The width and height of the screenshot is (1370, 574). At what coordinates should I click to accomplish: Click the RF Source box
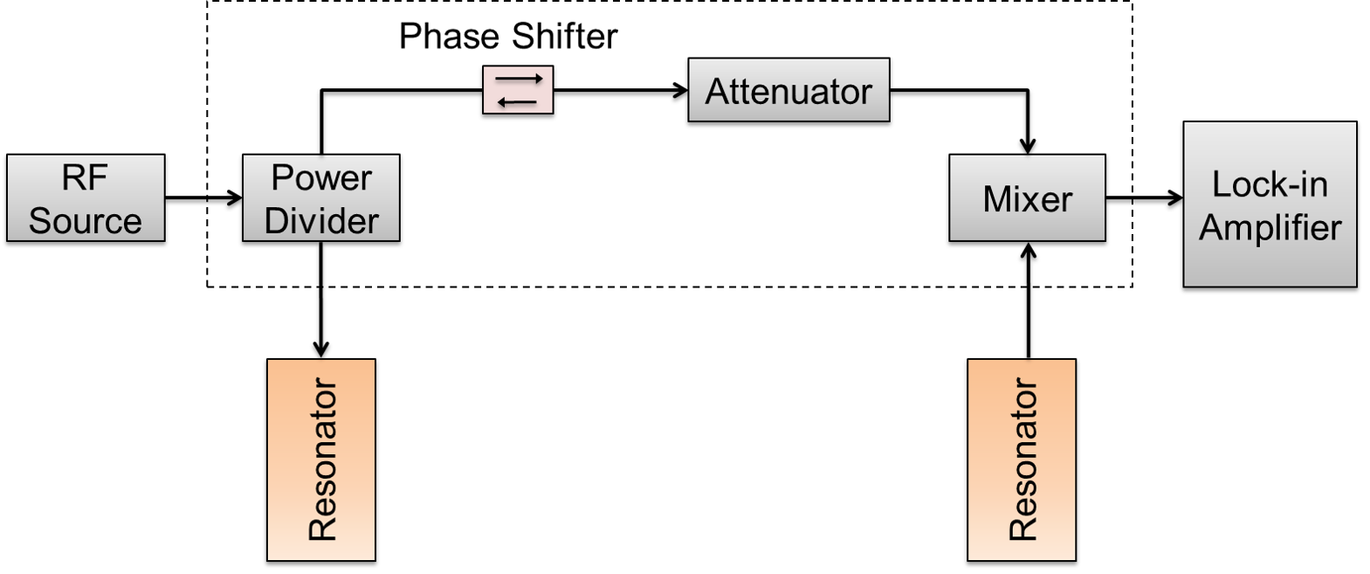tap(86, 197)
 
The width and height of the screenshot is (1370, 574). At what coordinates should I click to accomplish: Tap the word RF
tap(85, 178)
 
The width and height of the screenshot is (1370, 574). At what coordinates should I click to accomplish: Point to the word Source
tap(85, 221)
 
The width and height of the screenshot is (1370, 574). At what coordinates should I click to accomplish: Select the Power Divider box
tap(320, 197)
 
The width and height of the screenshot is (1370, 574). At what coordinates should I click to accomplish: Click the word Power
tap(321, 178)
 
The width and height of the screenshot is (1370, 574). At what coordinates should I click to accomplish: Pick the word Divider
tap(321, 221)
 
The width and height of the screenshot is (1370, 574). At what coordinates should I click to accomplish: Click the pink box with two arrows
tap(518, 90)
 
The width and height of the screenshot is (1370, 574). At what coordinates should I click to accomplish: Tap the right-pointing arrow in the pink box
tap(519, 80)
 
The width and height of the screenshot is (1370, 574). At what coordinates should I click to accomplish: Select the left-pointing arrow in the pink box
tap(517, 101)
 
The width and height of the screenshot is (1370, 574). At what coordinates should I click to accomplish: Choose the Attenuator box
tap(788, 90)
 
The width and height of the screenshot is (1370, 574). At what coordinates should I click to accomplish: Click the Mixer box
tap(1027, 197)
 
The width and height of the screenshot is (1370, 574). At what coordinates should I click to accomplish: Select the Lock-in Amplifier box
tap(1270, 204)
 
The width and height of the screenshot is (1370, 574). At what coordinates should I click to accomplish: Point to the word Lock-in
tap(1270, 184)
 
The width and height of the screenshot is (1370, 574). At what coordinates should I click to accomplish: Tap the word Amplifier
tap(1270, 227)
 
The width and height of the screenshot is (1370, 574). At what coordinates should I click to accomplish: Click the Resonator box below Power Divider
tap(321, 460)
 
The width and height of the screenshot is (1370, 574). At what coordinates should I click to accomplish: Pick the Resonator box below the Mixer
tap(1022, 460)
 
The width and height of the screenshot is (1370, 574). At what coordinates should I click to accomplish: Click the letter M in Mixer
tap(996, 199)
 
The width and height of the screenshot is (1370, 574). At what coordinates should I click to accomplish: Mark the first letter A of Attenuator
tap(717, 92)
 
